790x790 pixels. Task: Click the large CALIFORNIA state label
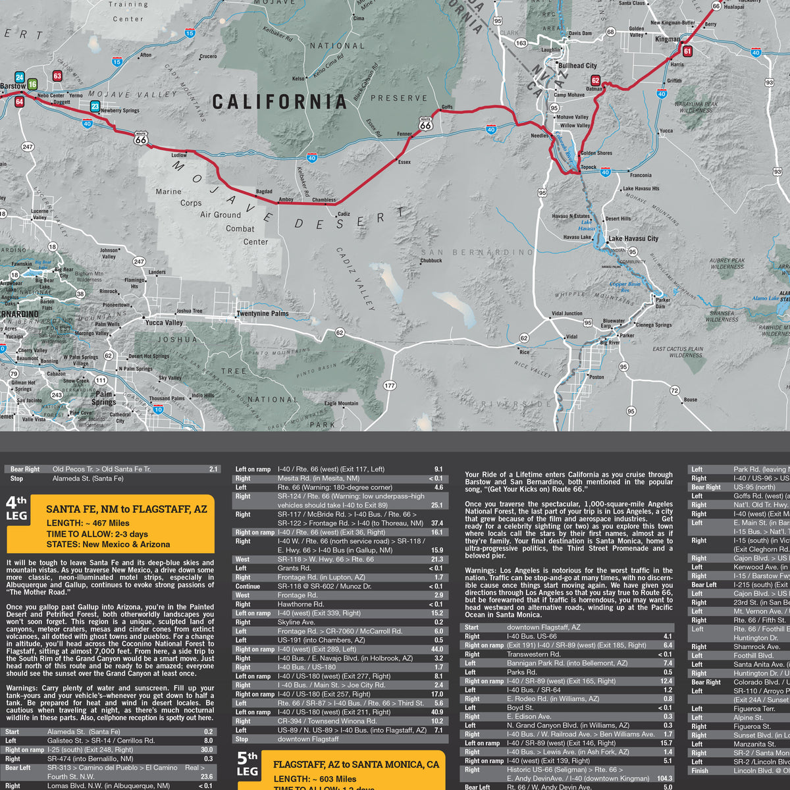279,101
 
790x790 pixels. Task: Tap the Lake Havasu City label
633,238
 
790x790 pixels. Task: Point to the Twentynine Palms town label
263,314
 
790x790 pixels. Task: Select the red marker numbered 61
687,51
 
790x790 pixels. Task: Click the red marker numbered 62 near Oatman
595,81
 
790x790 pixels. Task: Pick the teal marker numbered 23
95,107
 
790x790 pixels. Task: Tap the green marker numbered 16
32,84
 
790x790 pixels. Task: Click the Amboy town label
286,199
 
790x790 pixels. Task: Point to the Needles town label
540,136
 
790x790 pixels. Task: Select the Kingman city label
668,39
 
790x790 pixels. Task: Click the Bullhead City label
577,66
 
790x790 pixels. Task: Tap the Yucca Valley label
164,323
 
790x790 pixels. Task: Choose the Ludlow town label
179,156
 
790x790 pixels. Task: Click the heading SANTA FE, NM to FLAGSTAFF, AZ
127,510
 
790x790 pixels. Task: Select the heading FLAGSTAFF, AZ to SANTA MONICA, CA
356,764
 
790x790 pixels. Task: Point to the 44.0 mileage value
437,649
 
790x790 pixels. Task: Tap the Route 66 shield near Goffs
426,124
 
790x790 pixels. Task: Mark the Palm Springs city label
103,398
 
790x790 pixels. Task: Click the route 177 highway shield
389,386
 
